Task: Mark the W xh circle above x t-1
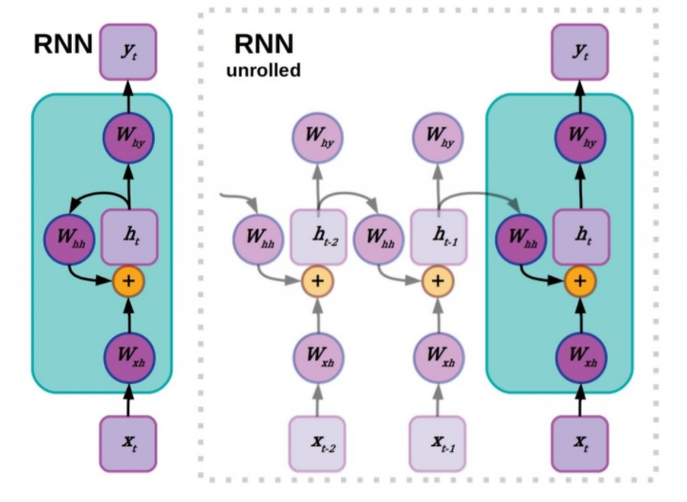[x=437, y=358]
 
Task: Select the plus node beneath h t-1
[x=437, y=280]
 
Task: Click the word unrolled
[x=262, y=72]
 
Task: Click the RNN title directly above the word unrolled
[x=262, y=43]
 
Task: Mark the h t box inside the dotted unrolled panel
[x=580, y=232]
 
